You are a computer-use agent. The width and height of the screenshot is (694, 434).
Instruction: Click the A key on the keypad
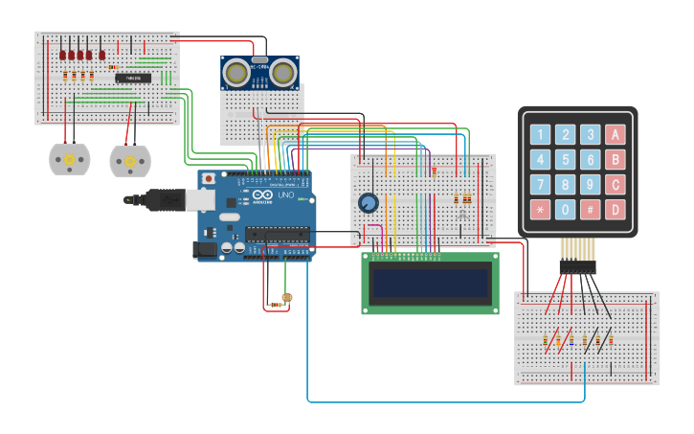(616, 134)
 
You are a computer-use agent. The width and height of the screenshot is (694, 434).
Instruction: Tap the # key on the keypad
(591, 209)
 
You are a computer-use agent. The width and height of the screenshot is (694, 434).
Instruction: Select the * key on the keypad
(541, 209)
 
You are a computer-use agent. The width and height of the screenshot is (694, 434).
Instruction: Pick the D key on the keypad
(616, 209)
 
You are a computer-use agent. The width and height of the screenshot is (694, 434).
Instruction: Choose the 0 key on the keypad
(566, 209)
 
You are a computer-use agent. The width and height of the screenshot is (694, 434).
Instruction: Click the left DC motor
(69, 159)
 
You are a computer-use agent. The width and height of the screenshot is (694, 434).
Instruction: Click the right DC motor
(130, 161)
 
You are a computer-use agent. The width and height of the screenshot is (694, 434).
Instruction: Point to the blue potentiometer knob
(368, 203)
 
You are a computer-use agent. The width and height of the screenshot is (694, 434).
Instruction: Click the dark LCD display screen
(430, 283)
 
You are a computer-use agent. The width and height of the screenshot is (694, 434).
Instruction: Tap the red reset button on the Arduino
(209, 178)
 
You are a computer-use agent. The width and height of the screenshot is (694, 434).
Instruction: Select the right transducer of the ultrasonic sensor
(282, 71)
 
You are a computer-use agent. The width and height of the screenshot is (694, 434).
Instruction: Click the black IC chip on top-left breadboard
(134, 78)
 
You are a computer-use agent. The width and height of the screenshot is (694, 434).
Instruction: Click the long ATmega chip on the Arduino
(277, 233)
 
